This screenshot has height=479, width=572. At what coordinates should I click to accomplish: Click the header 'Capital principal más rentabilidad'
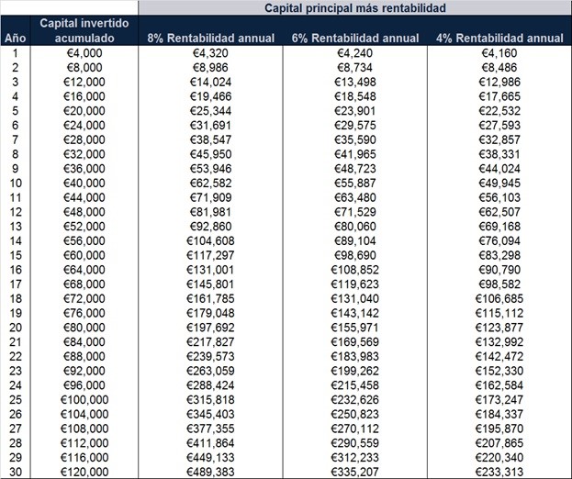tap(354, 8)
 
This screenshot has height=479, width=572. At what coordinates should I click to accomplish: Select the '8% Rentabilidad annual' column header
tap(210, 39)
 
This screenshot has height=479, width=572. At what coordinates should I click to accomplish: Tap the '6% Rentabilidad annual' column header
tap(354, 39)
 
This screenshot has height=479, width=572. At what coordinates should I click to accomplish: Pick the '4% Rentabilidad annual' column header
tap(499, 39)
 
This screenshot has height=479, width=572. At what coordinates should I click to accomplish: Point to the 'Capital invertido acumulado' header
tap(84, 31)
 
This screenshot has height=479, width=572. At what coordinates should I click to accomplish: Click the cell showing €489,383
tap(210, 472)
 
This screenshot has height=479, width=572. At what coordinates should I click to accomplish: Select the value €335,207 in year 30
tap(354, 472)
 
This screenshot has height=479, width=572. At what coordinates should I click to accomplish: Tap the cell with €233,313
tap(499, 472)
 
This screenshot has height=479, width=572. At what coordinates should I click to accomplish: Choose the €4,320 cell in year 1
tap(210, 52)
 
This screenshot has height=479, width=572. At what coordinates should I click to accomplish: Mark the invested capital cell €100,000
tap(84, 399)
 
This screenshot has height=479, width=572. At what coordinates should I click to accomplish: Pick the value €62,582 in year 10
tap(210, 183)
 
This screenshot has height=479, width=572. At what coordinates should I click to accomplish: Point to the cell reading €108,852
tap(354, 269)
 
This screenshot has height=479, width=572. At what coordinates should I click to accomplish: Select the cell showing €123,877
tap(499, 327)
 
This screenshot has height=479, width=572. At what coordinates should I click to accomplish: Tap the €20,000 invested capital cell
tap(84, 110)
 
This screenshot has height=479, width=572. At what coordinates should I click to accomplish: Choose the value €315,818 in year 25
tap(210, 399)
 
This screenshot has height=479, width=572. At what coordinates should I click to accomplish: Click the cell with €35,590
tap(354, 139)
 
